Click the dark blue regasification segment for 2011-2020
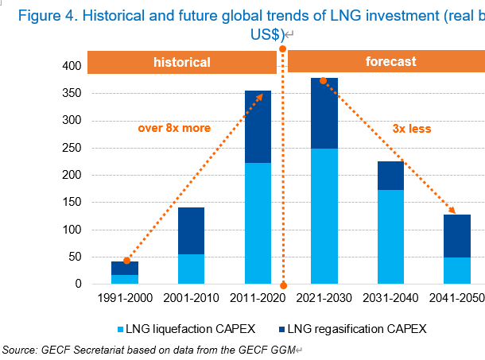pos(258,127)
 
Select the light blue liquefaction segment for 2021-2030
pos(324,216)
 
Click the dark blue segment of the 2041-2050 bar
pos(457,236)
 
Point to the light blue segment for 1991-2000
pos(125,279)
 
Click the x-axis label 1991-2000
pos(125,300)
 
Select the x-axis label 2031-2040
pos(390,300)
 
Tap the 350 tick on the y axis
pos(71,94)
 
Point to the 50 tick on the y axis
pos(74,257)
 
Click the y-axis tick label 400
pos(71,67)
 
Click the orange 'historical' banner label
pos(181,62)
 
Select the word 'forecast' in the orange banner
pos(390,62)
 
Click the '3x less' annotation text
pos(412,128)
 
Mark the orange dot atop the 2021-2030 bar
pos(324,80)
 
